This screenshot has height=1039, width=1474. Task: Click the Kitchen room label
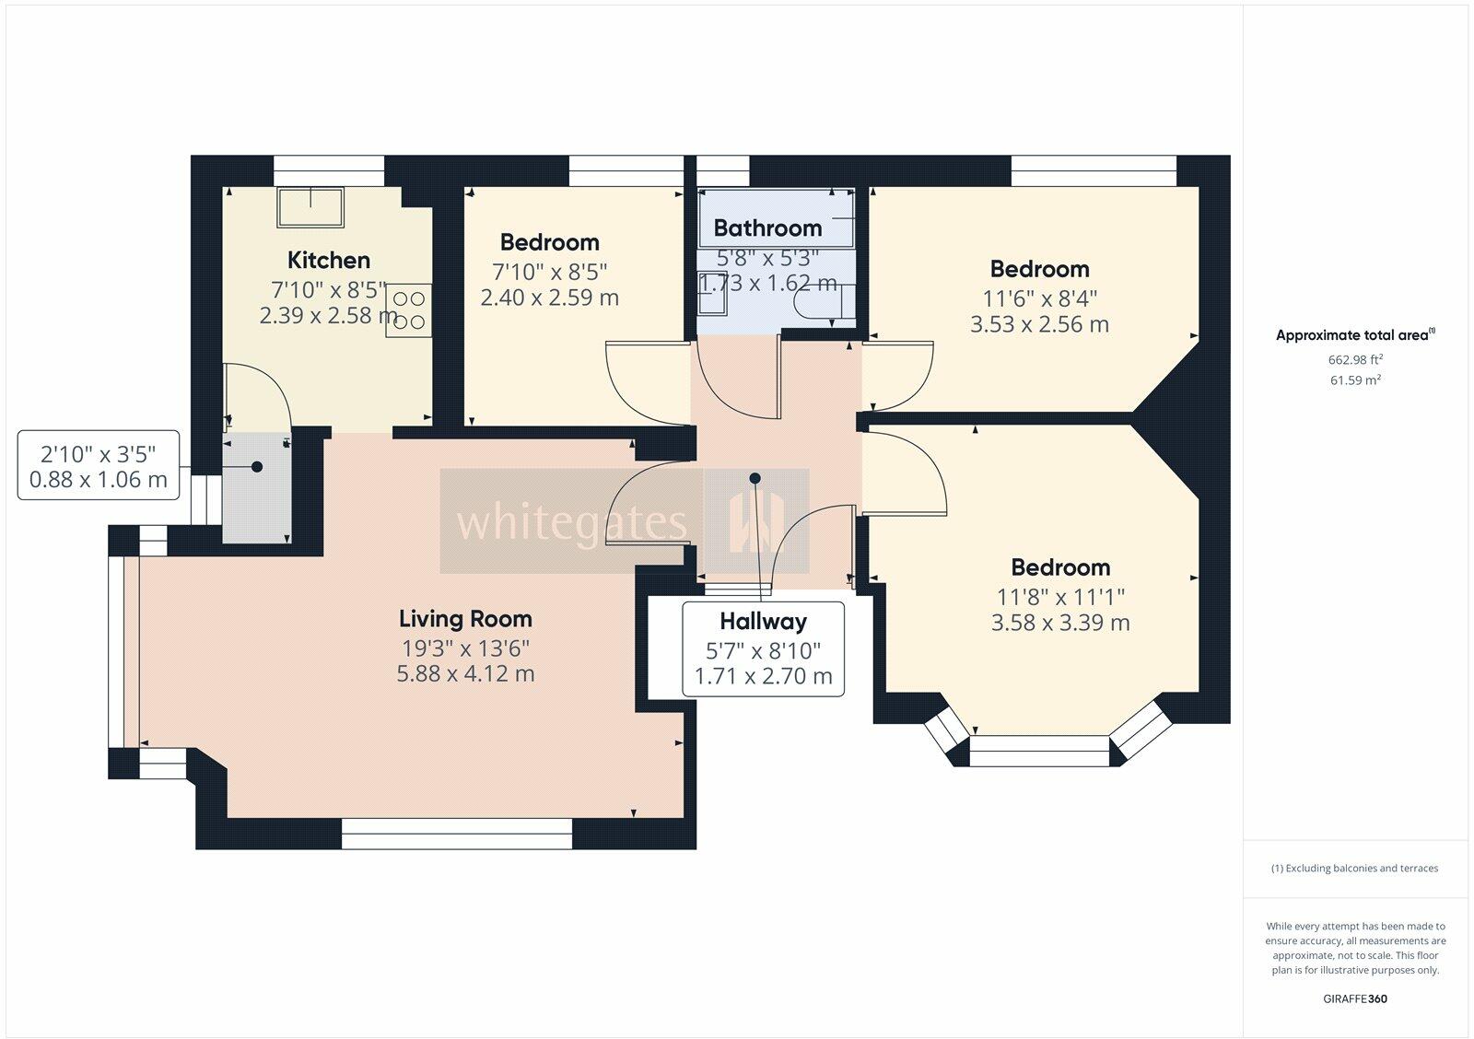[328, 260]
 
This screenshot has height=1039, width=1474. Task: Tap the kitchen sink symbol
[310, 207]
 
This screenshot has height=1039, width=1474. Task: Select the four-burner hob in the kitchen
[409, 310]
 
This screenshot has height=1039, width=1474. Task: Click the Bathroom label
[767, 228]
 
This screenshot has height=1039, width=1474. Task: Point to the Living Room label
[465, 619]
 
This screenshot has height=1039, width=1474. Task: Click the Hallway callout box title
[763, 621]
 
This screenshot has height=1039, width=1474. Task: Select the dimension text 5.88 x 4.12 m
[465, 674]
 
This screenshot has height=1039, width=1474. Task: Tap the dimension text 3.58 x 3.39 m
[1060, 623]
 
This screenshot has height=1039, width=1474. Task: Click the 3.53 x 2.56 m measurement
[1039, 323]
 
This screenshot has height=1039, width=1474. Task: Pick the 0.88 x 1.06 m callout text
[98, 479]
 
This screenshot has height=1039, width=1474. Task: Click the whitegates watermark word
[571, 523]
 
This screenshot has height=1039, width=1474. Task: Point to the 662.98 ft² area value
[1355, 359]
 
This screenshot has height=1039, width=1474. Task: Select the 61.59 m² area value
[1355, 379]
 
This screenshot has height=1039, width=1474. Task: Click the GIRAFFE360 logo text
[1355, 998]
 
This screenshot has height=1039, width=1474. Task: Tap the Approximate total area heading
[1355, 335]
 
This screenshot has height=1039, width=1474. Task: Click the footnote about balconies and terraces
[1354, 868]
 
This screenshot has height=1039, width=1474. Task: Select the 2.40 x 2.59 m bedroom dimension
[549, 298]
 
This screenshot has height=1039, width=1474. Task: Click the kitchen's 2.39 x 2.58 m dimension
[328, 316]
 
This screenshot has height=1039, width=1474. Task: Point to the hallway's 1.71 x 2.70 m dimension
[764, 676]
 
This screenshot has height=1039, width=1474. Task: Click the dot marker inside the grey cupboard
[257, 466]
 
